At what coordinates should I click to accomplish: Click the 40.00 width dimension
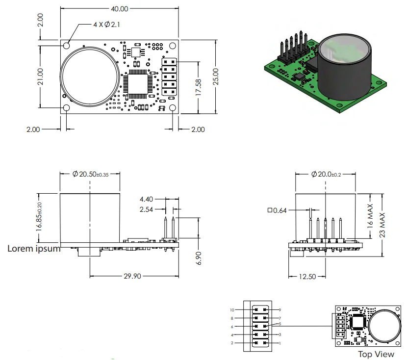120,9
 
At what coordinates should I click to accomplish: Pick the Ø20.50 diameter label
90,174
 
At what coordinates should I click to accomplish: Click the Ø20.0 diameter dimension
326,174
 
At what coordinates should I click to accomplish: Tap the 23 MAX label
388,224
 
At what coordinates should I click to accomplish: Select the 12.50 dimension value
307,277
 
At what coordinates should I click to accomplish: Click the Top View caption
376,354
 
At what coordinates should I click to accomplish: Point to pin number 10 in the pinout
232,310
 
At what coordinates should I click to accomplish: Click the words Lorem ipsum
34,248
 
